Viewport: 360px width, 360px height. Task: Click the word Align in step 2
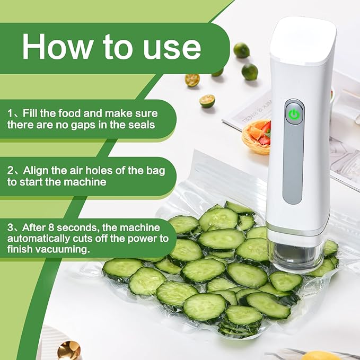coord(36,170)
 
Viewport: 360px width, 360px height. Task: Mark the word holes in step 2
coord(86,170)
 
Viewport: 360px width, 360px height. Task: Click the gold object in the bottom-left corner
coord(68,350)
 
